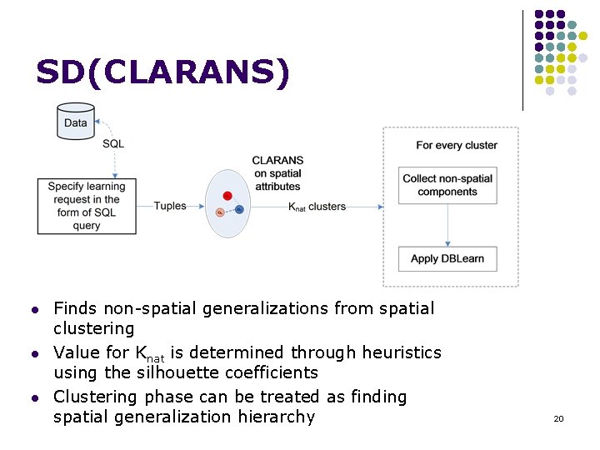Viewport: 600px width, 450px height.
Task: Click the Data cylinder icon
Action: pos(75,122)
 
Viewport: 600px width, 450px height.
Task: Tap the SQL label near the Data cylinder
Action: pos(113,143)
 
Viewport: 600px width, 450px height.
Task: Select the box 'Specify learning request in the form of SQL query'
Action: pos(87,206)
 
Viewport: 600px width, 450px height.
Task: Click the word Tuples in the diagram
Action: pos(170,206)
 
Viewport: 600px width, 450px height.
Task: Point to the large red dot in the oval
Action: pos(227,196)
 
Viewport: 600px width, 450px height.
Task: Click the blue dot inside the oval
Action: pos(239,209)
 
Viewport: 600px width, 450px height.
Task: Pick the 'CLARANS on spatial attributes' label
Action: pos(277,173)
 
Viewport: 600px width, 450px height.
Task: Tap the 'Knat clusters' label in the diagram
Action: pos(317,206)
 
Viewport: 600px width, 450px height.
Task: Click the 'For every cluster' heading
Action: pos(457,145)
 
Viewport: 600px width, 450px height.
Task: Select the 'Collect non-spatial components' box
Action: pos(447,185)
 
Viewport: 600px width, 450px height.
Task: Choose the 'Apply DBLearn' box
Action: pos(447,258)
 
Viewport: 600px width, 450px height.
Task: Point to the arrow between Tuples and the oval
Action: pos(196,206)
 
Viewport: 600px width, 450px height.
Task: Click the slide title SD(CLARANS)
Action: pos(163,73)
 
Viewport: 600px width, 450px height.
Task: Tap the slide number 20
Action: pos(558,418)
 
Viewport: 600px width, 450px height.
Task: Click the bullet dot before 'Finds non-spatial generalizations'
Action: pos(34,310)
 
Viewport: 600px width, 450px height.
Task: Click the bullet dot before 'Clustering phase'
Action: pos(34,398)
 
